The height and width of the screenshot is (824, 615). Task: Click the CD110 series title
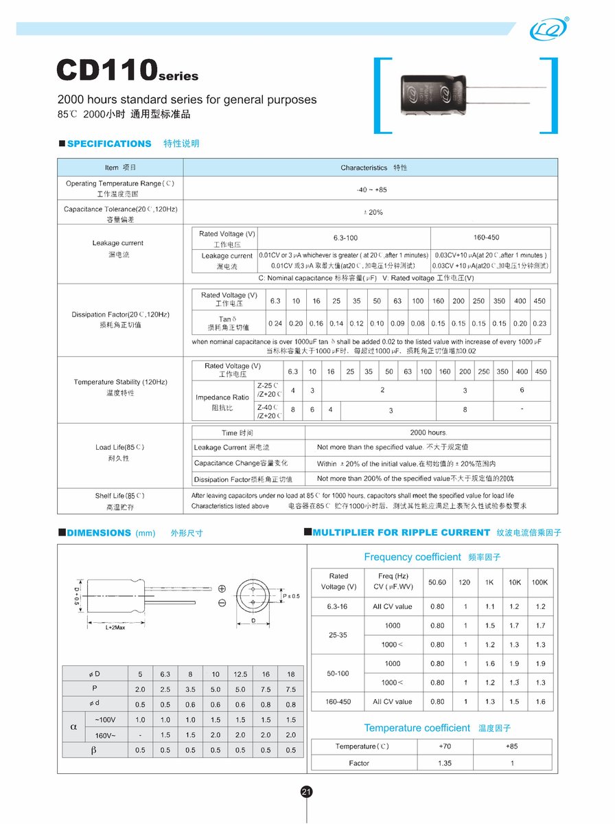point(127,71)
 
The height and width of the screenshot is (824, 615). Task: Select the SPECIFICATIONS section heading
point(109,144)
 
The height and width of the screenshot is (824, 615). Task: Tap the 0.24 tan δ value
point(275,323)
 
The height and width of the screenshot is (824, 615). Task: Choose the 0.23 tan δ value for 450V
point(539,323)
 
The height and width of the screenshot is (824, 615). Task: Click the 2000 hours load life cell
point(428,433)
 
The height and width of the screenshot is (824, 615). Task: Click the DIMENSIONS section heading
point(99,533)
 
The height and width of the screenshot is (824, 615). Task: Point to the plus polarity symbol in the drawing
point(222,588)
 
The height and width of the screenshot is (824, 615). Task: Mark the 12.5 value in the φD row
point(240,674)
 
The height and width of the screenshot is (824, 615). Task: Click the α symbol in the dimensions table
point(73,727)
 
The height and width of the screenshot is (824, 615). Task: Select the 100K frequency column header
point(539,582)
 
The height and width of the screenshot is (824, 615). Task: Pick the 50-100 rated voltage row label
point(338,673)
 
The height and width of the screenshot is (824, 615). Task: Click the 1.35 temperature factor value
point(445,763)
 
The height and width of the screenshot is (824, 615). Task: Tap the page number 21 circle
point(307,792)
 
